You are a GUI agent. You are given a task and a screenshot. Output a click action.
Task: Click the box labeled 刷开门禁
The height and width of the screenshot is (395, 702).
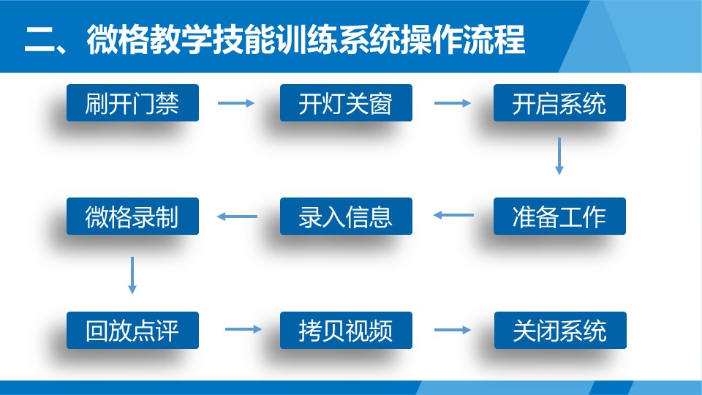pyautogui.click(x=132, y=103)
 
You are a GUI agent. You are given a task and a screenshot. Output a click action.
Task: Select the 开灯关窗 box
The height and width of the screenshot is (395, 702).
pyautogui.click(x=346, y=103)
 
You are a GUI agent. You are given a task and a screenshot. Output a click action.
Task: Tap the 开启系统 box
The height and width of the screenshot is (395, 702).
pyautogui.click(x=559, y=103)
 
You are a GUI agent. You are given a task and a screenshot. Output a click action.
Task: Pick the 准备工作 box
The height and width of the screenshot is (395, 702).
pyautogui.click(x=559, y=217)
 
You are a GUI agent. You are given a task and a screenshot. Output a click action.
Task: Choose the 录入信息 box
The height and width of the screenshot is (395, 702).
pyautogui.click(x=346, y=217)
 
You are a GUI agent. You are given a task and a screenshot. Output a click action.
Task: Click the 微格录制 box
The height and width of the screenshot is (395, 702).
pyautogui.click(x=132, y=217)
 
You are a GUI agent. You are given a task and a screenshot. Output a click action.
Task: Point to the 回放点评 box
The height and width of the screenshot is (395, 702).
pyautogui.click(x=132, y=330)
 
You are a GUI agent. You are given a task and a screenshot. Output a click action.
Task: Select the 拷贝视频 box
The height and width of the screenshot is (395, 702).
pyautogui.click(x=346, y=330)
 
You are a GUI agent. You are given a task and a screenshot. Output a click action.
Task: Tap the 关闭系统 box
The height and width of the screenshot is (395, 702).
pyautogui.click(x=559, y=330)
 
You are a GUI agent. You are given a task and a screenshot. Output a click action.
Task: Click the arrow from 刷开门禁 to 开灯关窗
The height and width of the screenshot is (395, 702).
pyautogui.click(x=236, y=103)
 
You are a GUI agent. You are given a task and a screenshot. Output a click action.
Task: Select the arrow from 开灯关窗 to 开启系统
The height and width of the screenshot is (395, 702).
pyautogui.click(x=453, y=103)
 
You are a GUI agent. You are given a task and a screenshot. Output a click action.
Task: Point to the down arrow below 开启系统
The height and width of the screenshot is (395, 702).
pyautogui.click(x=559, y=156)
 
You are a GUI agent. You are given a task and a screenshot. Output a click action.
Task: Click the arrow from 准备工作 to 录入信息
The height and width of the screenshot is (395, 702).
pyautogui.click(x=453, y=216)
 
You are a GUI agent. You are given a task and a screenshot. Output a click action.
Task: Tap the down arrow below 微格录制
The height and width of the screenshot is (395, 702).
pyautogui.click(x=132, y=274)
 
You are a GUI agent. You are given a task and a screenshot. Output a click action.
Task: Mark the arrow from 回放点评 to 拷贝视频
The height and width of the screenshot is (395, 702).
pyautogui.click(x=243, y=329)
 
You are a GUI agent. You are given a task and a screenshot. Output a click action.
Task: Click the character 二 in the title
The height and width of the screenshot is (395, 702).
pyautogui.click(x=36, y=40)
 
